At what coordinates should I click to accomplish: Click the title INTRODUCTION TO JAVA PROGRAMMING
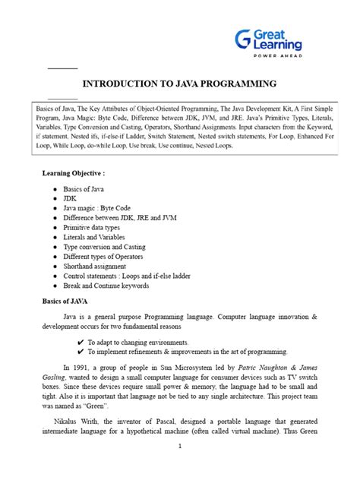(x=179, y=84)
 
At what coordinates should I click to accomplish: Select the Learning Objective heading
(x=73, y=173)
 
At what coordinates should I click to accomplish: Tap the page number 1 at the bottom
(x=179, y=467)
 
